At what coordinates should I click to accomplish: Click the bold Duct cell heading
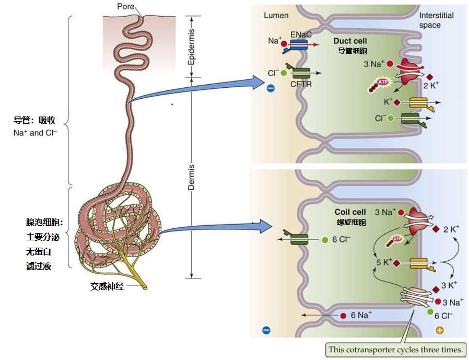pos(349,41)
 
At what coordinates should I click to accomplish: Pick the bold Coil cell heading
pos(350,213)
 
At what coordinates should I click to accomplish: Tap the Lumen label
pos(276,15)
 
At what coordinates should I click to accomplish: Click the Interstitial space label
pos(437,20)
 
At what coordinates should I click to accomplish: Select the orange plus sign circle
pos(439,330)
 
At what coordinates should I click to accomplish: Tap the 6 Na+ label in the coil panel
pos(361,315)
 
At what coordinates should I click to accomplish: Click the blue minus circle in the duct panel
pos(271,89)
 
